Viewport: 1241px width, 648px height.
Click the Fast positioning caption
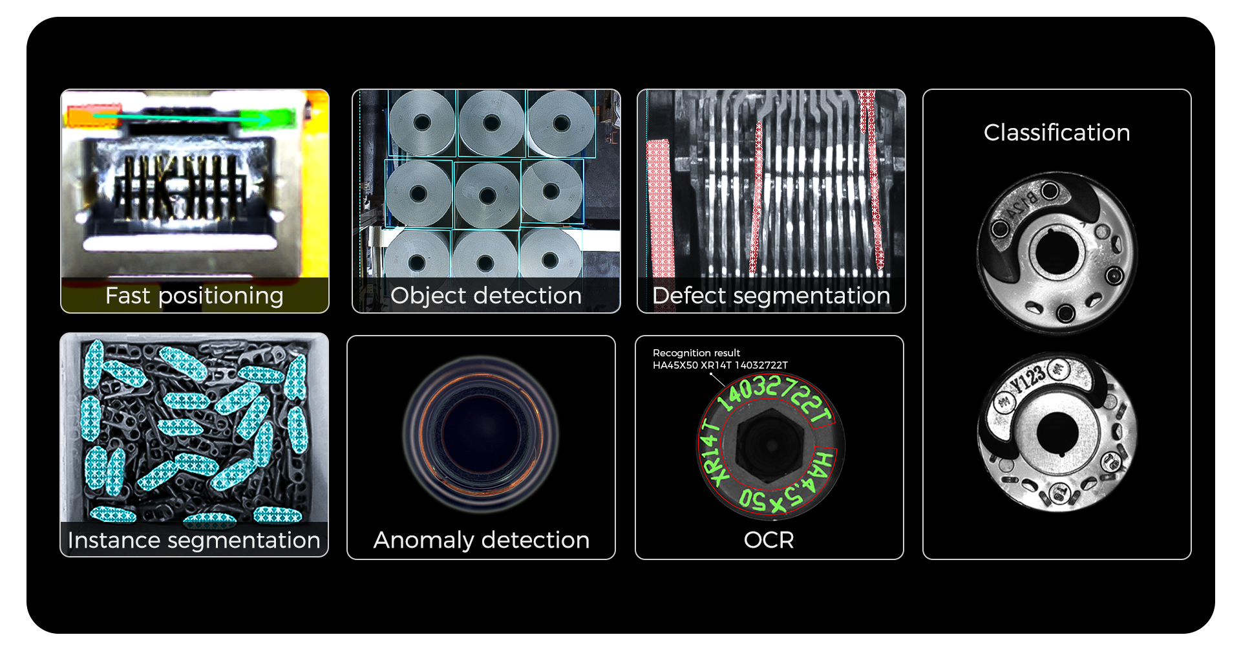point(194,296)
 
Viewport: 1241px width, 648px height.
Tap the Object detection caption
point(485,296)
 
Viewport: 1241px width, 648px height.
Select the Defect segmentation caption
point(771,296)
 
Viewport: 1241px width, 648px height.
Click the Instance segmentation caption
point(194,541)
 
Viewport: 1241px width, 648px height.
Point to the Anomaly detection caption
point(481,541)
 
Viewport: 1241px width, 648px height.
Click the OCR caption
point(769,541)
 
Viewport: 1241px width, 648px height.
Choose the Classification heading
point(1057,133)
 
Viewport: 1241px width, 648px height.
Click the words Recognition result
point(696,353)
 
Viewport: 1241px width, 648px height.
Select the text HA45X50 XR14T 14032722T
point(720,365)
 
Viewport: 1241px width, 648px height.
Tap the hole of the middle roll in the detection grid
point(488,195)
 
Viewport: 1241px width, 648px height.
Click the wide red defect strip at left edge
point(659,207)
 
